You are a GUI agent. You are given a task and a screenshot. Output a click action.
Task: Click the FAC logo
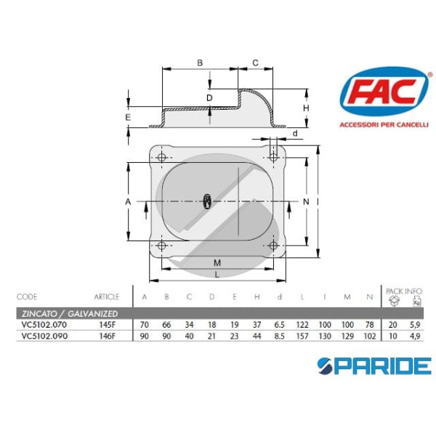[x=380, y=94]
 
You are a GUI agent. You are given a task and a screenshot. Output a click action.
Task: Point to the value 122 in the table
[x=301, y=325]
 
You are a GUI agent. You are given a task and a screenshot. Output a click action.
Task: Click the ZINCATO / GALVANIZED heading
[x=68, y=313]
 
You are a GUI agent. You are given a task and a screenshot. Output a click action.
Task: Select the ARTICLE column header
[x=106, y=296]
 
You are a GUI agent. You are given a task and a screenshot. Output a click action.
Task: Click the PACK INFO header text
[x=404, y=288]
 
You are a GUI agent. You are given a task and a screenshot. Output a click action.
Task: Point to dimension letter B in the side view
[x=200, y=63]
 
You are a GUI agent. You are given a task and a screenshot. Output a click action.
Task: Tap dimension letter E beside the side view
[x=128, y=117]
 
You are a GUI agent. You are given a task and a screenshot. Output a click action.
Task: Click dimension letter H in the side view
[x=306, y=108]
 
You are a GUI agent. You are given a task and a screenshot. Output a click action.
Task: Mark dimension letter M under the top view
[x=217, y=262]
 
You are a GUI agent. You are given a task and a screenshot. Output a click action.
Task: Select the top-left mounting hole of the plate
[x=161, y=158]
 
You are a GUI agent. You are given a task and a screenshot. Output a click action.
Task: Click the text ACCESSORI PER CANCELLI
[x=380, y=124]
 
